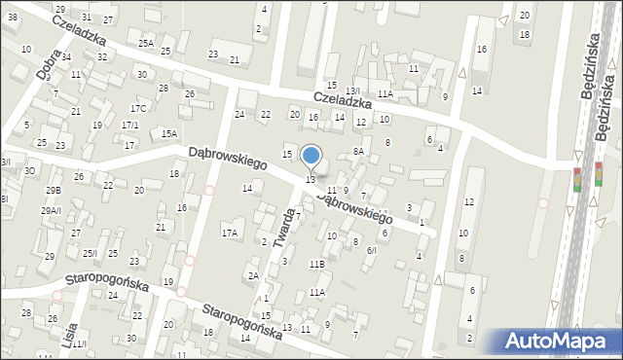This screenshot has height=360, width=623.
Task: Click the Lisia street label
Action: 68,331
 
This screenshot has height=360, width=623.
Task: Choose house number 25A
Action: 146,43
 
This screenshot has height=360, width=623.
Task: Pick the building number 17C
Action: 138,108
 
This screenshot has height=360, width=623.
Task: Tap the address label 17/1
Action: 129,126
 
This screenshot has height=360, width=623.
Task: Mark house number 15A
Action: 169,133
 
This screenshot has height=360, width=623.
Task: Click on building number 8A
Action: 358,151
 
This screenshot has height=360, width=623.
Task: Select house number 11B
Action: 317,264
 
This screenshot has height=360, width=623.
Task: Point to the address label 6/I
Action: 371,250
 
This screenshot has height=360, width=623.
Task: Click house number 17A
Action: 230,233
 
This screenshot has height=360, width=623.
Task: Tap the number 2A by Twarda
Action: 253,275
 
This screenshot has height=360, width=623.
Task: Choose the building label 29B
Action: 53,191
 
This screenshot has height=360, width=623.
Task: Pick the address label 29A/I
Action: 52,210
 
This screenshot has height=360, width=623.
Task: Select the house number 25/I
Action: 90,253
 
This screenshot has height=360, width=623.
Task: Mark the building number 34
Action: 66,56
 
